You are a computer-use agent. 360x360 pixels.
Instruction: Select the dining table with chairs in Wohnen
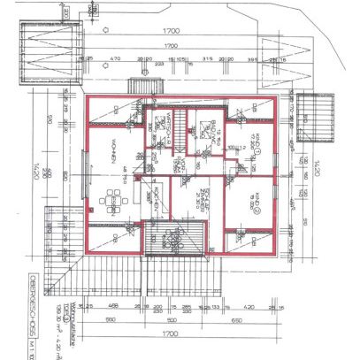[112, 201]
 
